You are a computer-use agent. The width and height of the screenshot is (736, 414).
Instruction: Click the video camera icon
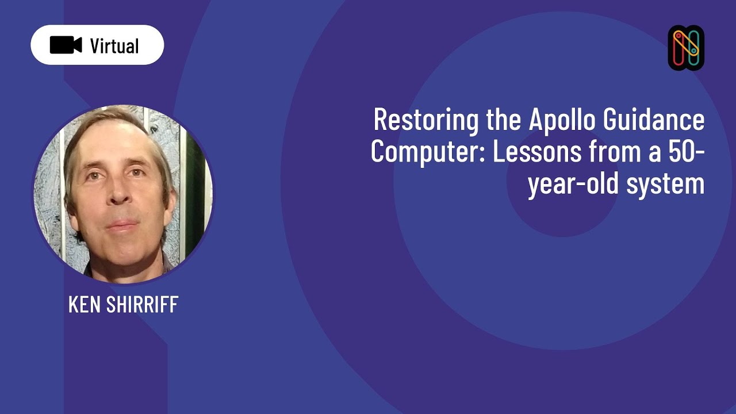click(x=66, y=45)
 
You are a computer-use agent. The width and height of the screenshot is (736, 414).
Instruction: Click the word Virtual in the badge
click(x=114, y=45)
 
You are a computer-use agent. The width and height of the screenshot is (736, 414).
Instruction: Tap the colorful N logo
click(x=686, y=48)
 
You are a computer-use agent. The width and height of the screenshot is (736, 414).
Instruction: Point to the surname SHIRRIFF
click(x=143, y=305)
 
